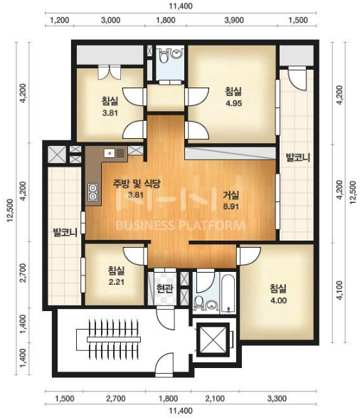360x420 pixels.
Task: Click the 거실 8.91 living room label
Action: tap(231, 200)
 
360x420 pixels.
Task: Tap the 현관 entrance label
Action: tap(164, 288)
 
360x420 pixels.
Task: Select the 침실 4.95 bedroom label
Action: tap(233, 97)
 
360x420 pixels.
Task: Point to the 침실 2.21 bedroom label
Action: tap(117, 275)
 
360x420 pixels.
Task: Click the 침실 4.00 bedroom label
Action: tap(278, 294)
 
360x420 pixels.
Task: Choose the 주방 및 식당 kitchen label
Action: tap(136, 184)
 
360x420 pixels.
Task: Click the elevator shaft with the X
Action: tap(213, 340)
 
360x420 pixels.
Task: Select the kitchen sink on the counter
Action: tap(115, 153)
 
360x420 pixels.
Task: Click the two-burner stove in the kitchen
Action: tap(92, 192)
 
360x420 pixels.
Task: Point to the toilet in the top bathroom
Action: tap(163, 55)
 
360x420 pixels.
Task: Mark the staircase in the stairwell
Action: tap(108, 340)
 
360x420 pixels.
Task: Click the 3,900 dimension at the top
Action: tap(234, 21)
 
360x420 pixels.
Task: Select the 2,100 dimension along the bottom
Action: tap(215, 399)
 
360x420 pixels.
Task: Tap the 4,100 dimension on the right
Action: tap(339, 290)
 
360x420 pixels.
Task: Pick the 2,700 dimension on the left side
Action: tap(23, 273)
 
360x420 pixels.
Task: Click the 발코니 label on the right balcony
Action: tap(298, 157)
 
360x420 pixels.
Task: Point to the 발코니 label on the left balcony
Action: tap(65, 232)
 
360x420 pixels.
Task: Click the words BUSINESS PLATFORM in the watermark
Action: tap(180, 225)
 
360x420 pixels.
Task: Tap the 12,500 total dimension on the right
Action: tap(352, 193)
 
